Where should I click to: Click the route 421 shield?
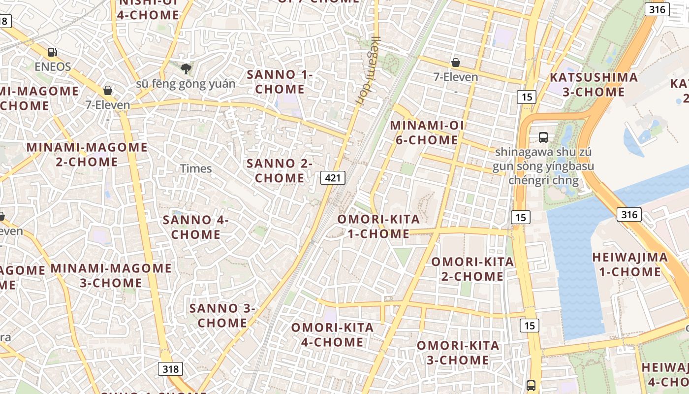tap(333, 178)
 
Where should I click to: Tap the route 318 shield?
tap(170, 369)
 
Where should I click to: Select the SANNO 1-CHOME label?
tap(280, 82)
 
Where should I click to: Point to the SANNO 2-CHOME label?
tap(280, 170)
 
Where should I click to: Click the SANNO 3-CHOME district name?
tap(222, 316)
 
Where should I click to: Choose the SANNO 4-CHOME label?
tap(196, 227)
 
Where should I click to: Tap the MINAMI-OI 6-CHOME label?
tap(427, 132)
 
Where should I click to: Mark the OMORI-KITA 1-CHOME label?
tap(378, 227)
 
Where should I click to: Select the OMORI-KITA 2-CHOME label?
tap(472, 269)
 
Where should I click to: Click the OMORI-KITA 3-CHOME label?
tap(458, 353)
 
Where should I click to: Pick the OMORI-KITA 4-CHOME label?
tap(332, 335)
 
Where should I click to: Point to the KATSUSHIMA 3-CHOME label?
tap(594, 85)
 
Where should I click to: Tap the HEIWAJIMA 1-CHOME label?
tap(630, 264)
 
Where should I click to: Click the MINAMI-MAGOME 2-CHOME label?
tap(87, 154)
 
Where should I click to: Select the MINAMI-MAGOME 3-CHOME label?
tap(111, 275)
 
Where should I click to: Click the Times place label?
tap(196, 168)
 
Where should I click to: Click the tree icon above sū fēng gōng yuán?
tap(186, 68)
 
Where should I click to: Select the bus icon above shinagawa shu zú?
tap(543, 137)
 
